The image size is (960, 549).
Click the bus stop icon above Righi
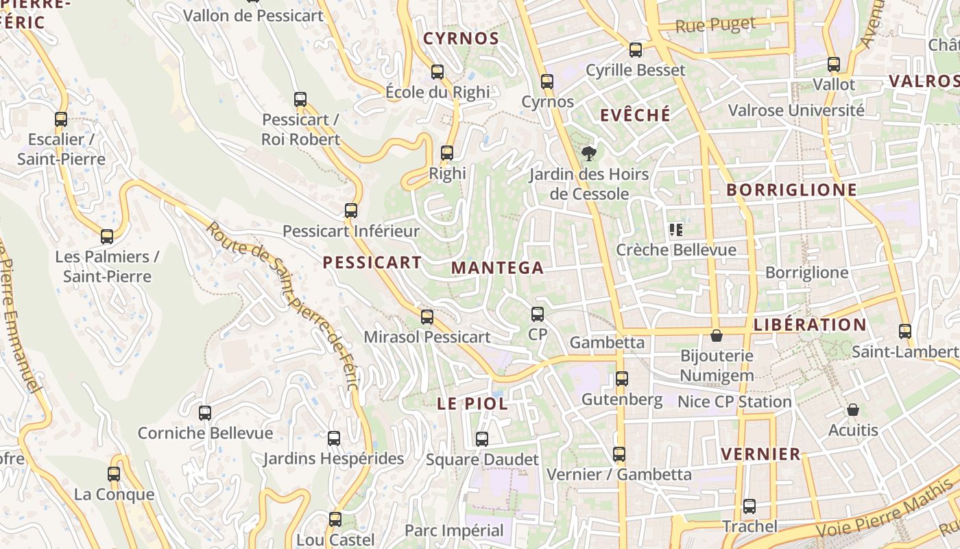coord(447,153)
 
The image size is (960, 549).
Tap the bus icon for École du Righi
coord(437,71)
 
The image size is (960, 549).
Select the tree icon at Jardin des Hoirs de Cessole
coord(588,153)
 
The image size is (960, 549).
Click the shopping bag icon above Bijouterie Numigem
coord(717,336)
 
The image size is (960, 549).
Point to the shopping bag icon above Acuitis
coord(853,410)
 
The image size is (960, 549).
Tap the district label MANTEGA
coord(498,268)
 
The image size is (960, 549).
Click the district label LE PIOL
coord(472,404)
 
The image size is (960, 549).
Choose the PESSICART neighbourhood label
coord(372,262)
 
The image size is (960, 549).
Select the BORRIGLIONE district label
coord(791,190)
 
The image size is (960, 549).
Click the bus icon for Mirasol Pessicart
coord(427,316)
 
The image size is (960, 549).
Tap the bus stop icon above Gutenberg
coord(622,378)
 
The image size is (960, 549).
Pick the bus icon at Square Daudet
coord(482,439)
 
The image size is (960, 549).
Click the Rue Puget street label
coord(715,25)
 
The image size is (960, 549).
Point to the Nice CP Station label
coord(734,401)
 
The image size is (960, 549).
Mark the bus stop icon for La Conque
coord(114,474)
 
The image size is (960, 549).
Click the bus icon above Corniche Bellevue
coord(205,412)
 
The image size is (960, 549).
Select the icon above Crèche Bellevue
coord(676,229)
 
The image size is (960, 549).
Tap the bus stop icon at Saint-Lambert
coord(905,331)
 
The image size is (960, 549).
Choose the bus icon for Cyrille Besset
coord(636,49)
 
